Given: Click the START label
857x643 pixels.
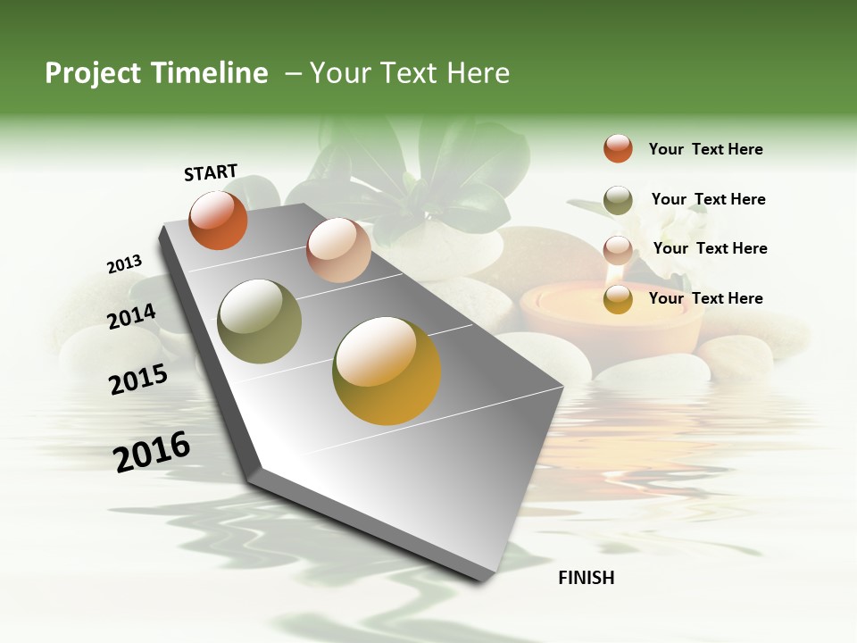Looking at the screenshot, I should (x=211, y=171).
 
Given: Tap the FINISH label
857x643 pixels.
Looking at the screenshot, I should (x=587, y=578).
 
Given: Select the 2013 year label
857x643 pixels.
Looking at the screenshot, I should (x=124, y=264).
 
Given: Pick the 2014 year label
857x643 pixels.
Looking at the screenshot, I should (x=131, y=317).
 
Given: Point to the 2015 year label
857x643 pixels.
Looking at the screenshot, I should (x=138, y=380).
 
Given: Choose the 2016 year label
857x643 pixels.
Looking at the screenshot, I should (x=152, y=452).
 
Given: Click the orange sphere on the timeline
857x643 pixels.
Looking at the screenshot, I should (x=218, y=220).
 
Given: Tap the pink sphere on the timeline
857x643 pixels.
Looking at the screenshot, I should (x=338, y=250).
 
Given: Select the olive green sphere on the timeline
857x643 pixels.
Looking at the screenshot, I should (x=260, y=321).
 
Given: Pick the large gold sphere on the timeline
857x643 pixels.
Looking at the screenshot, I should (x=387, y=371).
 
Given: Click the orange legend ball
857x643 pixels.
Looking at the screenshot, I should (x=618, y=148).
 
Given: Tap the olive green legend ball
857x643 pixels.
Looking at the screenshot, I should (x=618, y=199).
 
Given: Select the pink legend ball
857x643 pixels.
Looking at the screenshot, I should (x=618, y=249).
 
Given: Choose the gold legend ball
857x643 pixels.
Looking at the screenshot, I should (x=618, y=299).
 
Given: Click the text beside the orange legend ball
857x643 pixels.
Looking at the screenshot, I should (x=705, y=149).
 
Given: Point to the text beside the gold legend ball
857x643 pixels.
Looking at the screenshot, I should (x=705, y=298).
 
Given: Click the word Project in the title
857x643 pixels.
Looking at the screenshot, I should (x=94, y=73).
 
